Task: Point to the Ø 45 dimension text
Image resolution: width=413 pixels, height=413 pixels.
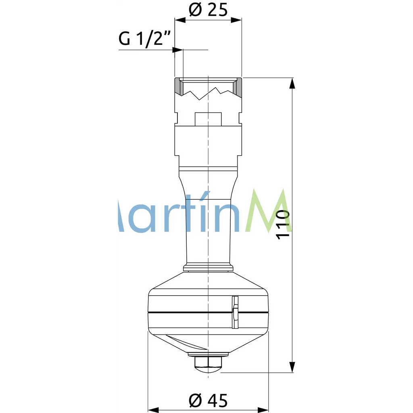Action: click(208, 400)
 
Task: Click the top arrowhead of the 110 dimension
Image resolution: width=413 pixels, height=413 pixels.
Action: click(293, 83)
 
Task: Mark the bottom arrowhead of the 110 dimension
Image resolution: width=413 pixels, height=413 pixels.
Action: click(293, 367)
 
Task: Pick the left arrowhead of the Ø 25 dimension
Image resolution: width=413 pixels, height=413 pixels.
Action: click(179, 19)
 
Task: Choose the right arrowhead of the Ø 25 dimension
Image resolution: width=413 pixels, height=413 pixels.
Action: click(237, 19)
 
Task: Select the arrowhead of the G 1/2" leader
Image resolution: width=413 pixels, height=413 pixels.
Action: click(178, 50)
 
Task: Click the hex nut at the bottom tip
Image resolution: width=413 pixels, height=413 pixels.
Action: click(208, 363)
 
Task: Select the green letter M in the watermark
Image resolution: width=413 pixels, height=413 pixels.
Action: click(267, 212)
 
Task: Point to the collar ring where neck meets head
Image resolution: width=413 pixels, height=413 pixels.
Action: click(208, 267)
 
